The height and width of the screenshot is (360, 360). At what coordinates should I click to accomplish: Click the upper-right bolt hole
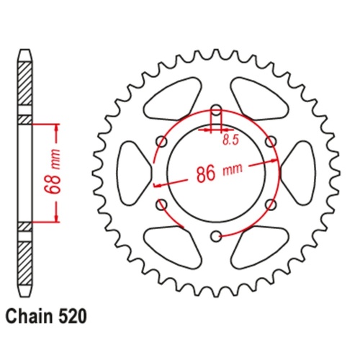270,143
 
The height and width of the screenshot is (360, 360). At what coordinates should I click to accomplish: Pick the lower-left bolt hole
162,204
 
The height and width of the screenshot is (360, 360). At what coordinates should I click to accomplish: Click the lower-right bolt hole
270,204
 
